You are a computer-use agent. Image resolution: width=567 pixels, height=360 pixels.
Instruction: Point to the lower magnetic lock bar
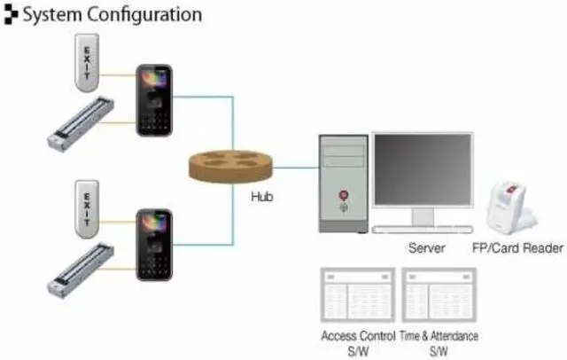point(83,266)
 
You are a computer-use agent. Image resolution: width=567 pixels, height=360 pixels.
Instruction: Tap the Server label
point(426,249)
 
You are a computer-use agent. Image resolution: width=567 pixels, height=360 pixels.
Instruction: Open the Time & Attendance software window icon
point(440,293)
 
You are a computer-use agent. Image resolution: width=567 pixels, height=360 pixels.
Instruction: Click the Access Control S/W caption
point(355,343)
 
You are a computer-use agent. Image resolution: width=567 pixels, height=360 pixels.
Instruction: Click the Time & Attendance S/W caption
point(440,343)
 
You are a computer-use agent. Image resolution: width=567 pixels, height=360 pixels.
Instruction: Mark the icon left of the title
point(11,15)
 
